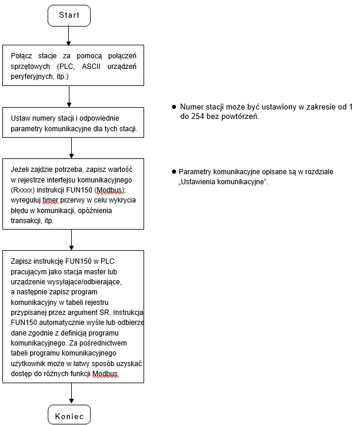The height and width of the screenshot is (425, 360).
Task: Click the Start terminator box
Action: point(69,16)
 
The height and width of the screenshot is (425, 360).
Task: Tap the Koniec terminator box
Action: point(69,414)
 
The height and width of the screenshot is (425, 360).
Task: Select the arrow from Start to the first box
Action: point(69,36)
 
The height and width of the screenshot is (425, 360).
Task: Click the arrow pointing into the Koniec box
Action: point(72,393)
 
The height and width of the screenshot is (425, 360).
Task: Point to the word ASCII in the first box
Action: point(91,67)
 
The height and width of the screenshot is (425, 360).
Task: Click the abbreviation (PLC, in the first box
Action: point(66,67)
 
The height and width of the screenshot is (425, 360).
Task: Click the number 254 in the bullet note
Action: point(198,117)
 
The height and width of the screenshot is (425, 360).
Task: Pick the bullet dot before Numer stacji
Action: point(174,107)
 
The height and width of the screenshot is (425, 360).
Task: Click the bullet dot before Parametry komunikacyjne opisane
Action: point(174,171)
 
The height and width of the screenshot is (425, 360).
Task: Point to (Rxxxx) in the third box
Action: point(23,190)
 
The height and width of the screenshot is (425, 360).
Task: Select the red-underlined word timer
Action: point(51,200)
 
